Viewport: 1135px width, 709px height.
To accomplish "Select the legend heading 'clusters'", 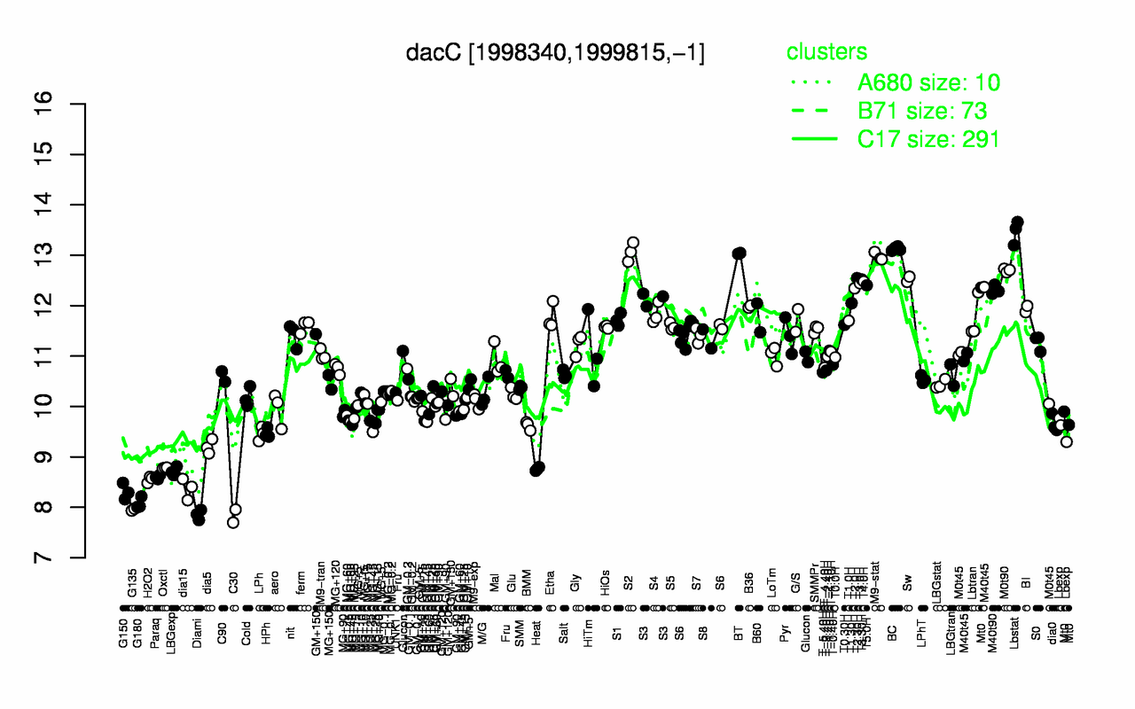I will (x=826, y=52).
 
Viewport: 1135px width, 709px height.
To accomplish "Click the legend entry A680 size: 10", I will (x=928, y=83).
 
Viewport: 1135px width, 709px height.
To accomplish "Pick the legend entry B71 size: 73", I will (x=922, y=111).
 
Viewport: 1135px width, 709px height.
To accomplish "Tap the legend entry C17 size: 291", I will (x=928, y=139).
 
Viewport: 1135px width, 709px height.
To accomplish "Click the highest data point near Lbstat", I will (x=1017, y=222).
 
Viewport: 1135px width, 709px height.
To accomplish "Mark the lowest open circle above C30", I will (x=233, y=522).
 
